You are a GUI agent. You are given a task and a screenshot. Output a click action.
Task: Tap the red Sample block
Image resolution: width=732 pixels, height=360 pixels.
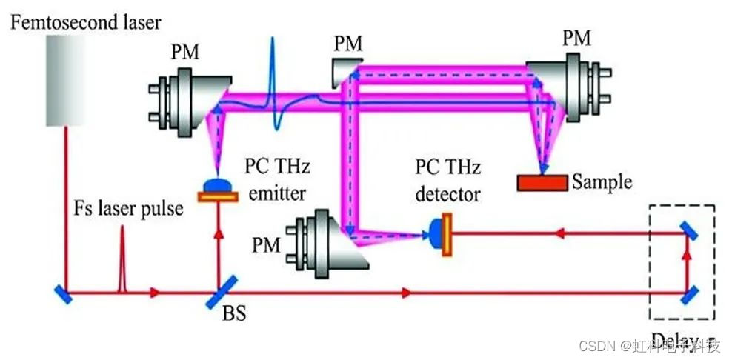(x=542, y=182)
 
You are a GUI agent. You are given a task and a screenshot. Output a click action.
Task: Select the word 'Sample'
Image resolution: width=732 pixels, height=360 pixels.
(x=602, y=181)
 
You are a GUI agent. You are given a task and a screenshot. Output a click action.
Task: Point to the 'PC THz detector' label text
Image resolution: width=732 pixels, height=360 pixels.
(x=447, y=182)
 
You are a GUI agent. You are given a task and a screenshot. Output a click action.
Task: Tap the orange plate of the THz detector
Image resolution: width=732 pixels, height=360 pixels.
(x=447, y=234)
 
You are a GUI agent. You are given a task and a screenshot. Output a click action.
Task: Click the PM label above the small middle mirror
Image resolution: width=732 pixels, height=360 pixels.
(x=347, y=44)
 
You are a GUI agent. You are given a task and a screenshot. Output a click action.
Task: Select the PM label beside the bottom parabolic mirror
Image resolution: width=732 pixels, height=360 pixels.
(x=268, y=244)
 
